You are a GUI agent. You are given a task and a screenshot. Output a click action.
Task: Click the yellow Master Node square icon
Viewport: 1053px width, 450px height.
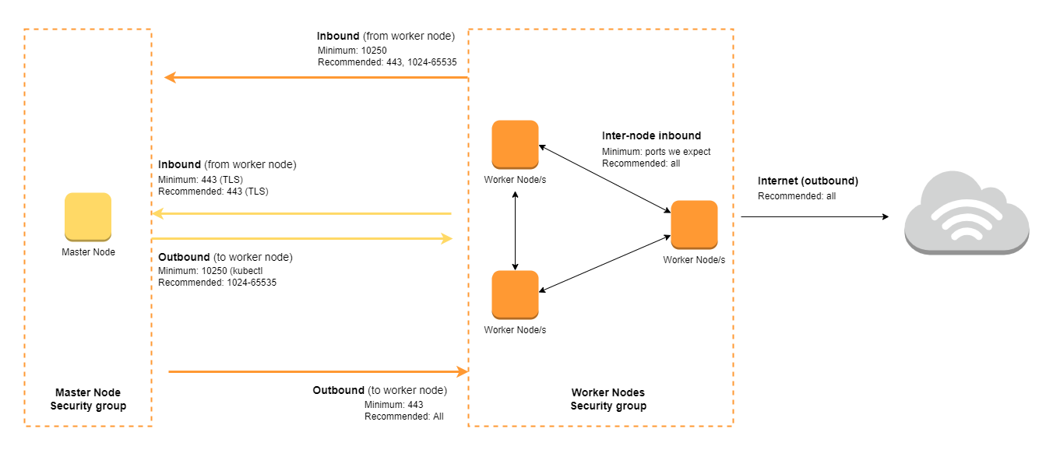point(88,217)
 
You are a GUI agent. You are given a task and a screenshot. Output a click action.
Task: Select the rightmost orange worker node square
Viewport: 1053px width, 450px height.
point(694,224)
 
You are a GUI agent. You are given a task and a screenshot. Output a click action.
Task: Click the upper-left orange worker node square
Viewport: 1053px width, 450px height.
point(516,144)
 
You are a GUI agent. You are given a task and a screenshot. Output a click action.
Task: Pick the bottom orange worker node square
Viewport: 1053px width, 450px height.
point(516,294)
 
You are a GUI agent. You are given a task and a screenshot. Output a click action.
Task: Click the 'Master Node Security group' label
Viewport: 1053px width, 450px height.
point(88,399)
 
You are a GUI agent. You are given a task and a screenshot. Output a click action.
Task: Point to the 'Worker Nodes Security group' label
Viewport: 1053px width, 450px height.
point(608,399)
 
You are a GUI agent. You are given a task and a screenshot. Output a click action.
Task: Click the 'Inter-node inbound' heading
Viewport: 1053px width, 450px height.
point(652,135)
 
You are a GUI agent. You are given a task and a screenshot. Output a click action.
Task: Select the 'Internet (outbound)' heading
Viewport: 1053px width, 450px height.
point(808,181)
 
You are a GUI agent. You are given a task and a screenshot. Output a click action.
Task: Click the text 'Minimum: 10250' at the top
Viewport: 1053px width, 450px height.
point(352,51)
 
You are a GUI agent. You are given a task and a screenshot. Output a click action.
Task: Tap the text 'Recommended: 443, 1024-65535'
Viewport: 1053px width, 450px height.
point(387,62)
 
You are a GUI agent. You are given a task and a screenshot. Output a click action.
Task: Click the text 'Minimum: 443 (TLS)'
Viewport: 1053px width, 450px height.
point(200,179)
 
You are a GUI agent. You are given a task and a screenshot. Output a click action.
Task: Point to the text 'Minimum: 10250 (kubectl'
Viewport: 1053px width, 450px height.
point(210,271)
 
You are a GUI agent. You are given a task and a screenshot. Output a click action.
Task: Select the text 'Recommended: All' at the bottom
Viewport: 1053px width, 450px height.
point(403,417)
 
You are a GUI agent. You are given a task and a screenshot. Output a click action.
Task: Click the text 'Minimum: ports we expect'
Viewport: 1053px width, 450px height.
point(657,152)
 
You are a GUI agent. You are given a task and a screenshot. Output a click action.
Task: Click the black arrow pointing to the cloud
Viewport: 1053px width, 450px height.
point(815,216)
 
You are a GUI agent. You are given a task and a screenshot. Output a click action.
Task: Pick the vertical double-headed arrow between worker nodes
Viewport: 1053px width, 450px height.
point(516,230)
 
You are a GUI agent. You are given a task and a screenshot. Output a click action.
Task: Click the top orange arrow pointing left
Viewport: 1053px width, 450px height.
point(316,78)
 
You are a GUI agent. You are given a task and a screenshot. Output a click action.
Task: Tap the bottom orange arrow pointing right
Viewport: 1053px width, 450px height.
point(319,371)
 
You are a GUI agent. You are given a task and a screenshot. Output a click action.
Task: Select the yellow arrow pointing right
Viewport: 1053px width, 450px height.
point(301,238)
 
